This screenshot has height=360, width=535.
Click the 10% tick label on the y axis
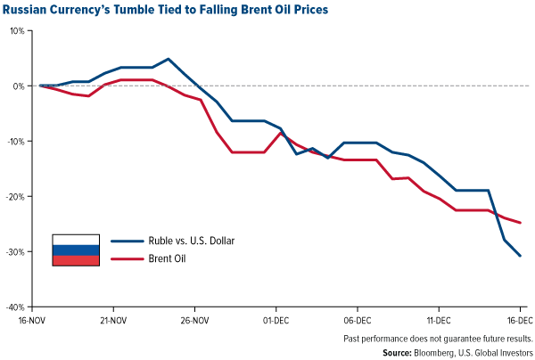coord(18,30)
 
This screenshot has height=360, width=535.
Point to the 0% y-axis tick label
coord(20,86)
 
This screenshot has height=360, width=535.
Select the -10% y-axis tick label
coord(16,141)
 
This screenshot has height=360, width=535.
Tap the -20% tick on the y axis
coord(16,196)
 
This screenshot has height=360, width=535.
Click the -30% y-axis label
coord(16,251)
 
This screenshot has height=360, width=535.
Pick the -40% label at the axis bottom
coord(16,306)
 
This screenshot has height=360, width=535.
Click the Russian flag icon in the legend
coord(75,250)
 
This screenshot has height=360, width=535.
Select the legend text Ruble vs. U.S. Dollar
coord(174,241)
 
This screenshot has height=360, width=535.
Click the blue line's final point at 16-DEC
coord(521,256)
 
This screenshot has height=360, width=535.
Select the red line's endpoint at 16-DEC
coord(521,223)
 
